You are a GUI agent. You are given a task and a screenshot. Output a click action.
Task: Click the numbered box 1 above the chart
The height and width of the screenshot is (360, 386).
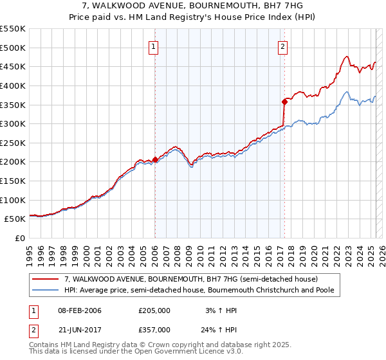point(154,46)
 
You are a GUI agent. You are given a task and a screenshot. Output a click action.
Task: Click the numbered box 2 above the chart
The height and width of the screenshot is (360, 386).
point(283,46)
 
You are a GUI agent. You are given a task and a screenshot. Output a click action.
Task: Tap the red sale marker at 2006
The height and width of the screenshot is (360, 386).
point(155,160)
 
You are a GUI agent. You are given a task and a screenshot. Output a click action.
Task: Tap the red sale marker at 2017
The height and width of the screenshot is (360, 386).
point(284,102)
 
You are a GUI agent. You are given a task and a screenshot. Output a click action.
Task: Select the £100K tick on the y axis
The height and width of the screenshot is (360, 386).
point(13,200)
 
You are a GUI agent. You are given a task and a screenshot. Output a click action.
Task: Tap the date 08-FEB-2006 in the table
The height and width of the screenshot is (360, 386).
point(80,310)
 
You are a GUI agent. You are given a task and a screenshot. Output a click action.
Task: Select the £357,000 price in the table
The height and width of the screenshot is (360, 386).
point(154,329)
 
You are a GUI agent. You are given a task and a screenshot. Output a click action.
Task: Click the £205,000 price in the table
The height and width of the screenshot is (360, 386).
point(154,310)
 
